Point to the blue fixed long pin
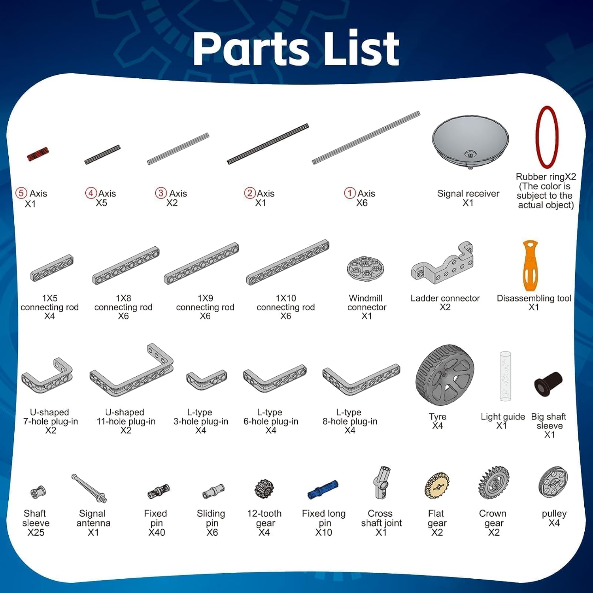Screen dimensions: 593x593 [x=323, y=490]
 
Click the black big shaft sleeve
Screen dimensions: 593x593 [x=548, y=383]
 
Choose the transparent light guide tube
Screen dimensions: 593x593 [x=505, y=376]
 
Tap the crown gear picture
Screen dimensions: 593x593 [x=494, y=482]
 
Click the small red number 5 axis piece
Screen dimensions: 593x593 [x=38, y=154]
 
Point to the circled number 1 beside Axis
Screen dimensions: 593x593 [x=350, y=193]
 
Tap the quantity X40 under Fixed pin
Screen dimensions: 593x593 [x=157, y=533]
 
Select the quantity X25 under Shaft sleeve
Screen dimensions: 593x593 [x=36, y=533]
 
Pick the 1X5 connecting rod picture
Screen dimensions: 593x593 [x=52, y=268]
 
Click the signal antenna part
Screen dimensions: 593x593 [x=89, y=488]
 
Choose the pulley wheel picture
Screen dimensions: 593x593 [x=553, y=482]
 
